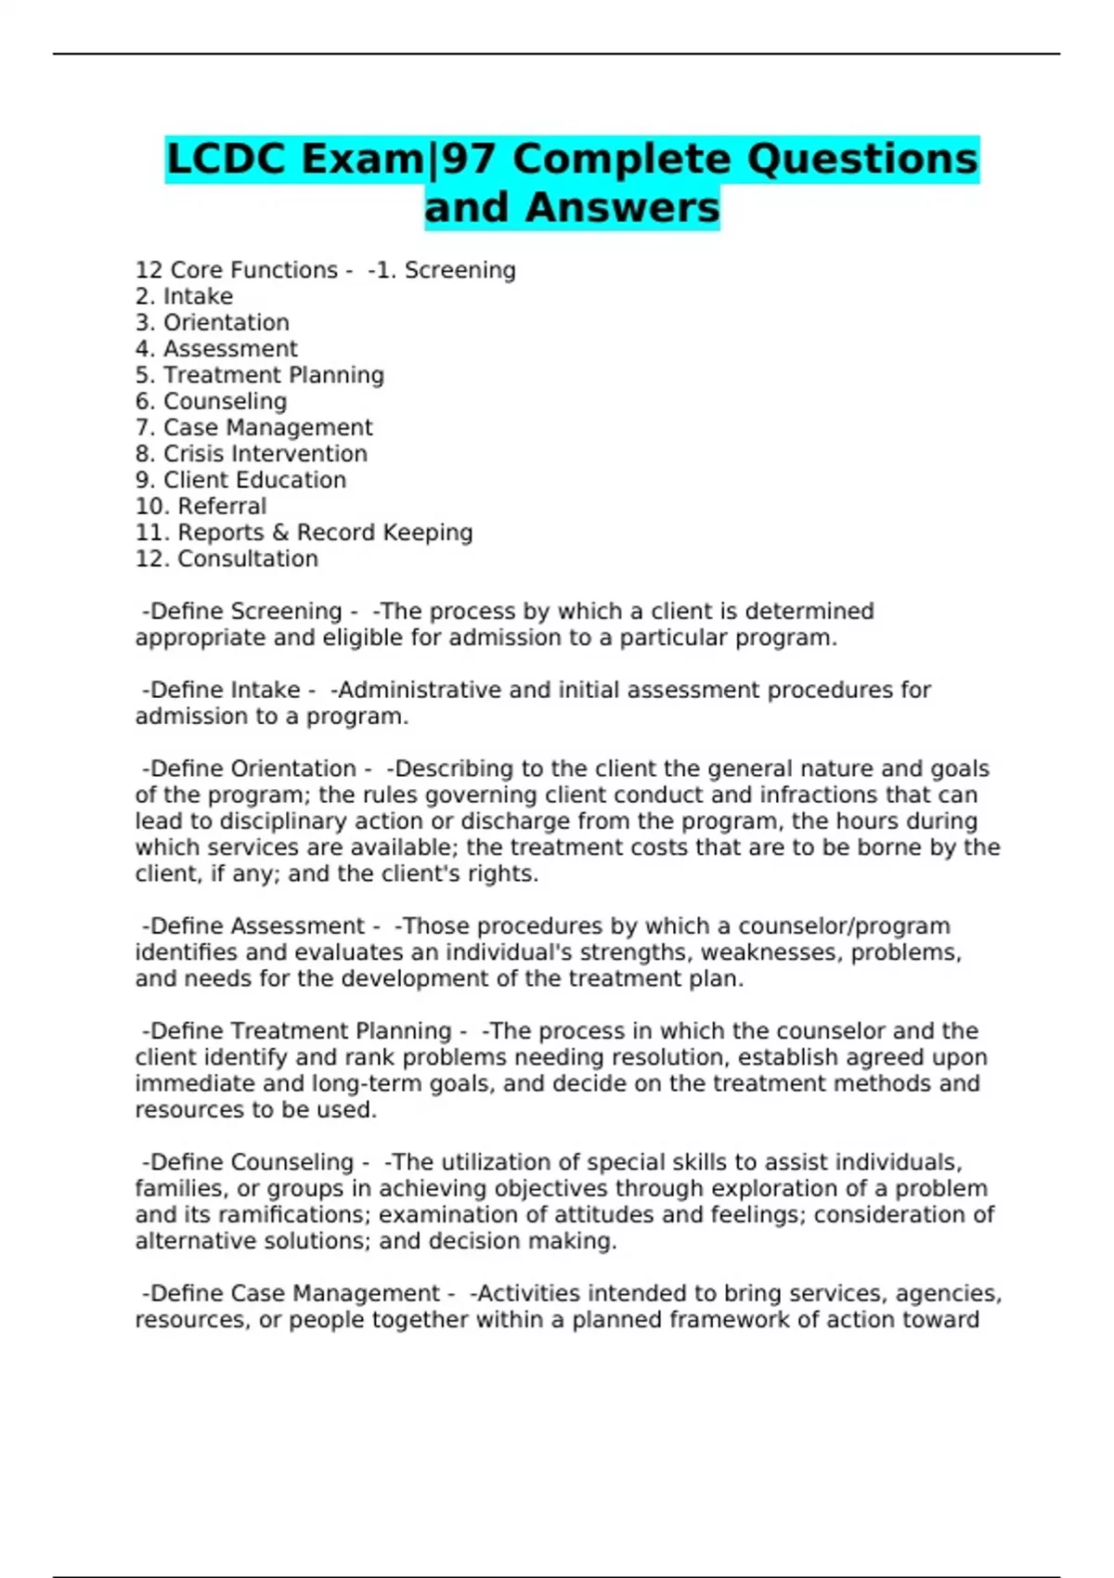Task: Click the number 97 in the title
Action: (x=470, y=159)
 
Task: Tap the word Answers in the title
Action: (x=621, y=207)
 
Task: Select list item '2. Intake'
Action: (x=184, y=296)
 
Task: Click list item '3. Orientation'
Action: (x=212, y=322)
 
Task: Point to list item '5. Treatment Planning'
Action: (x=259, y=375)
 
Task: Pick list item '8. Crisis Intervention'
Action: (x=251, y=454)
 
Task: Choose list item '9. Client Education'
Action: (x=240, y=480)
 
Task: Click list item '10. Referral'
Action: (x=201, y=506)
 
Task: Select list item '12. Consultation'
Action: (x=227, y=559)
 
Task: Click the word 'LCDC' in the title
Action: (x=226, y=159)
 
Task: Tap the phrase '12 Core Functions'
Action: (x=236, y=270)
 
